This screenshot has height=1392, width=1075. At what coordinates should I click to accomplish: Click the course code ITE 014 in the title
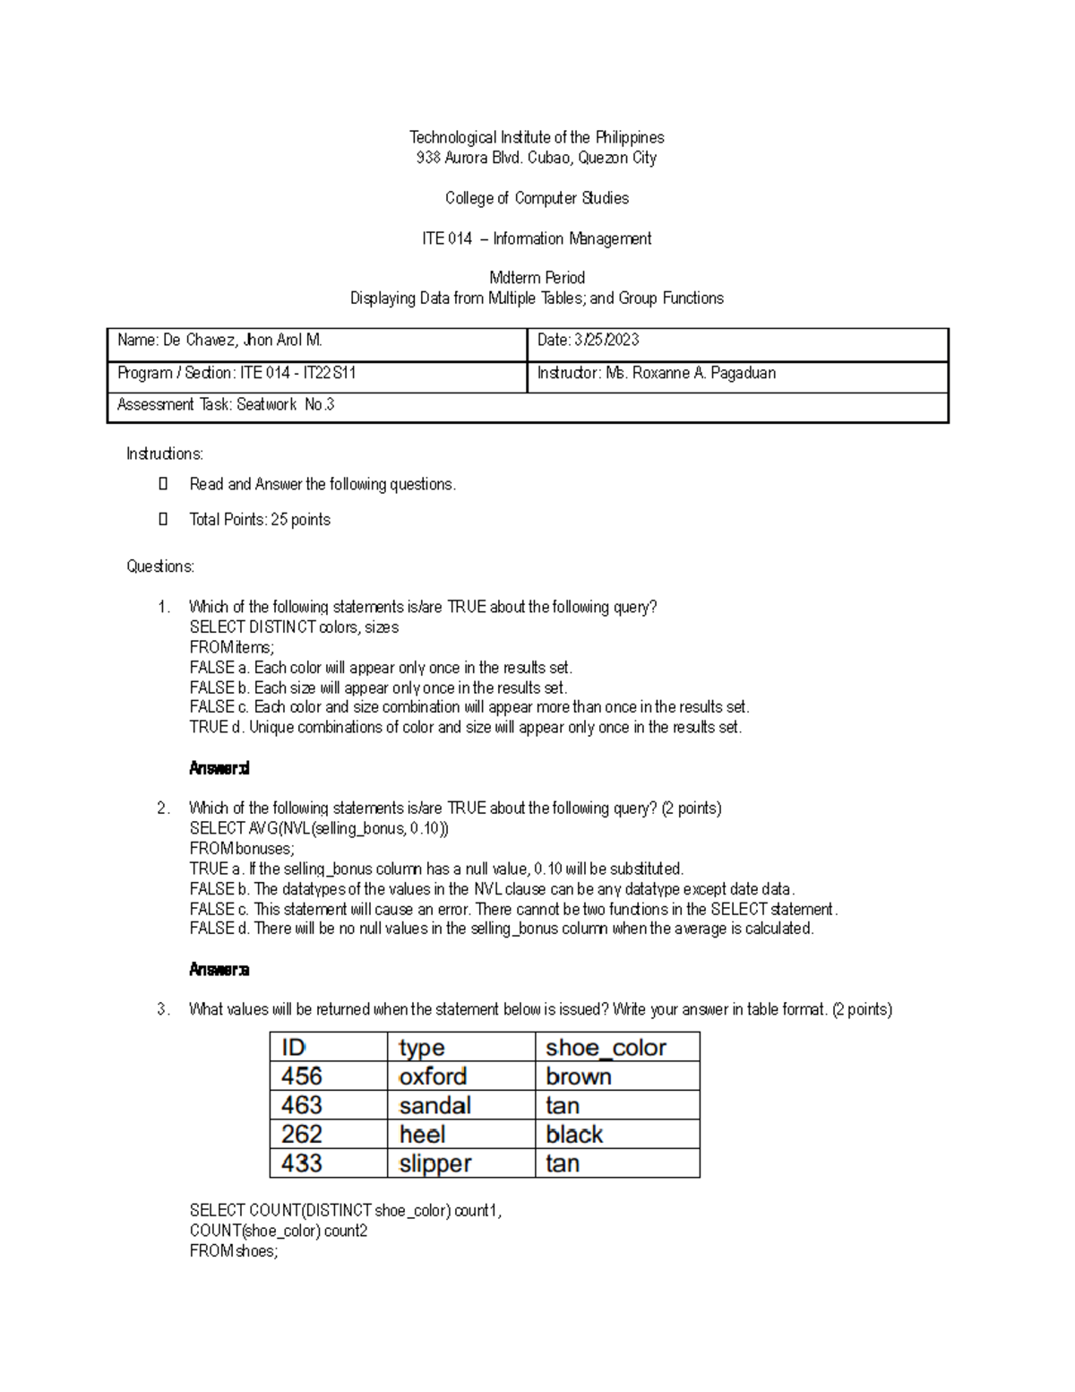point(446,238)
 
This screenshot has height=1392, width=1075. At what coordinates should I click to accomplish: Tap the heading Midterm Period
point(537,278)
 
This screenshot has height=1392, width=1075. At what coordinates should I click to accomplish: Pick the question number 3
point(163,1009)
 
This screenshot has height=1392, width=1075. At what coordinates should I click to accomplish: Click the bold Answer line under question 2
point(219,969)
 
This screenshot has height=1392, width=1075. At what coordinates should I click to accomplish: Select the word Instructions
point(165,454)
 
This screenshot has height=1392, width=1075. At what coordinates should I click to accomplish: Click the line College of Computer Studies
point(537,198)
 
